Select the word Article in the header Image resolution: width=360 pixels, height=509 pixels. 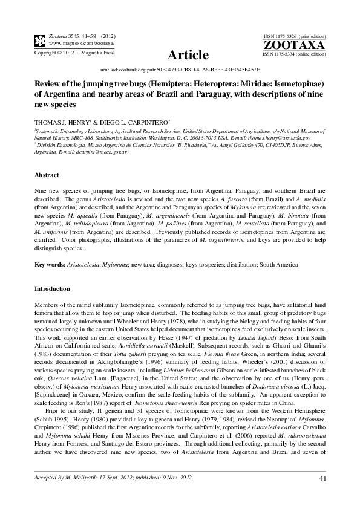(188, 55)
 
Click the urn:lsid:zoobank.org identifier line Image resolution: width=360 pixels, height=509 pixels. (179, 70)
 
